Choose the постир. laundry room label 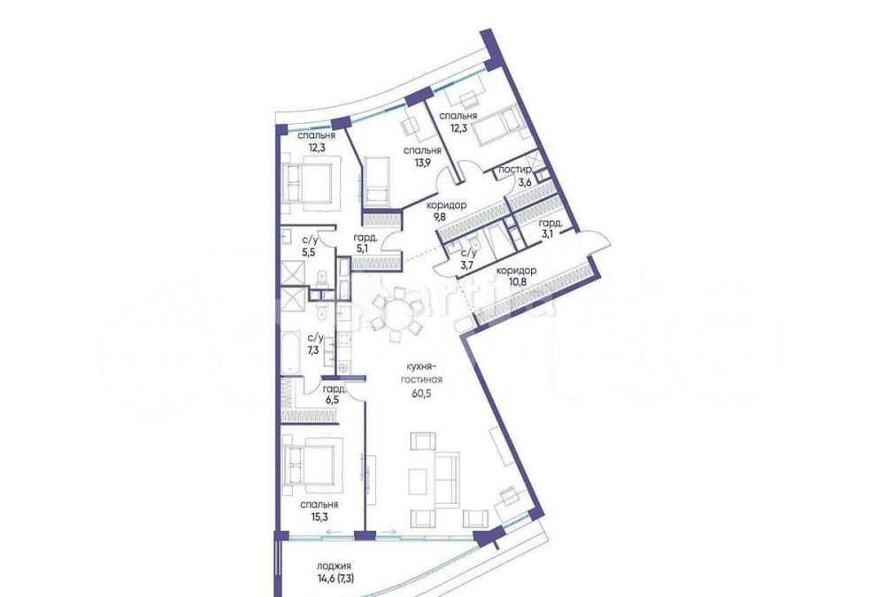point(515,170)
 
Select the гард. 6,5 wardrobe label point(333,394)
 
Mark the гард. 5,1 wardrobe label point(366,242)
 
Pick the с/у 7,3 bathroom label point(315,343)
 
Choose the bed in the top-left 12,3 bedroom point(307,184)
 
